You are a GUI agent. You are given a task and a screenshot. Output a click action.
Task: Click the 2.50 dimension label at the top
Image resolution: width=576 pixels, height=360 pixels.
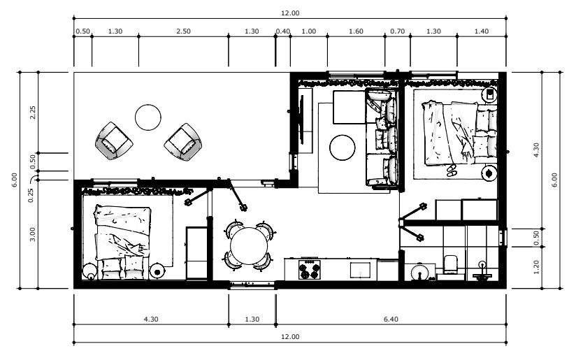click(x=183, y=31)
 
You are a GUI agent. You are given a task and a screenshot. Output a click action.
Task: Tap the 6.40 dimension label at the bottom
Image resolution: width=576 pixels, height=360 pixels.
click(x=391, y=319)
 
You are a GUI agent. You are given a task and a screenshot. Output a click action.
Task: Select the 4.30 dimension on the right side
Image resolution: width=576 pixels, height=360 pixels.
click(x=536, y=150)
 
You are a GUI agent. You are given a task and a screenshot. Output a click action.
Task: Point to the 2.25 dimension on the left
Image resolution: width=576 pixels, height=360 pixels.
click(x=33, y=112)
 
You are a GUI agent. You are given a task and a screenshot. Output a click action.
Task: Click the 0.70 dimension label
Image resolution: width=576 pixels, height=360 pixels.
click(x=398, y=31)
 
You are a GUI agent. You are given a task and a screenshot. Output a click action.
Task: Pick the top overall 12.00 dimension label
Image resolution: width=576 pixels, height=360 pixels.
click(x=290, y=13)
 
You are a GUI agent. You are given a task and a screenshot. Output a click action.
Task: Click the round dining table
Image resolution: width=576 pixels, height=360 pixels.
click(x=249, y=246)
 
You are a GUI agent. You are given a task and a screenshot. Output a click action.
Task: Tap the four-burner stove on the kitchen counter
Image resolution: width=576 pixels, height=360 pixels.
click(x=309, y=270)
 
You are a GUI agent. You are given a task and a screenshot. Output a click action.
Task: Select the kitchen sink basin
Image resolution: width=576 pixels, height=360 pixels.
click(x=360, y=271)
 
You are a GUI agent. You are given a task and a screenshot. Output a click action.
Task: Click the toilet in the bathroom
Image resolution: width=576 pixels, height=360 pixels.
click(x=451, y=264)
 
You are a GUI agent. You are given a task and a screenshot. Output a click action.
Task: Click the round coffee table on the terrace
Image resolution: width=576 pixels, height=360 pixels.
click(x=148, y=117)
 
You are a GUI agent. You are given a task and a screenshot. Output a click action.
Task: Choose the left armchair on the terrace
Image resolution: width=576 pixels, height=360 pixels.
click(x=114, y=141)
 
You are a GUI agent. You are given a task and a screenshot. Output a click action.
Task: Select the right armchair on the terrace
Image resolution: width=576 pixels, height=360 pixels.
click(x=183, y=142)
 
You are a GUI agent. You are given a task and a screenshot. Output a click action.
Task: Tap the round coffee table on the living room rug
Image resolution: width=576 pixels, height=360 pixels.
click(x=343, y=147)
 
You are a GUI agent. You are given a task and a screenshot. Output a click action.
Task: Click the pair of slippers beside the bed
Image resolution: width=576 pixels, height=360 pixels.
click(x=452, y=171)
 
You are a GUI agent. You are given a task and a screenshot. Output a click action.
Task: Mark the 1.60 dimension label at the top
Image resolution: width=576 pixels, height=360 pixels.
click(x=356, y=31)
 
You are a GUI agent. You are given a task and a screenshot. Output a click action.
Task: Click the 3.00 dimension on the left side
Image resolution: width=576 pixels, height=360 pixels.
click(x=33, y=234)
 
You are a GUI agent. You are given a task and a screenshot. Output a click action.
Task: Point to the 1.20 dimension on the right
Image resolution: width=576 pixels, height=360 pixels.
click(x=536, y=267)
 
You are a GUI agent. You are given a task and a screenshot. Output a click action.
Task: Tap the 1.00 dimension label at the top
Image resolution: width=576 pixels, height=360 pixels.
click(x=308, y=31)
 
